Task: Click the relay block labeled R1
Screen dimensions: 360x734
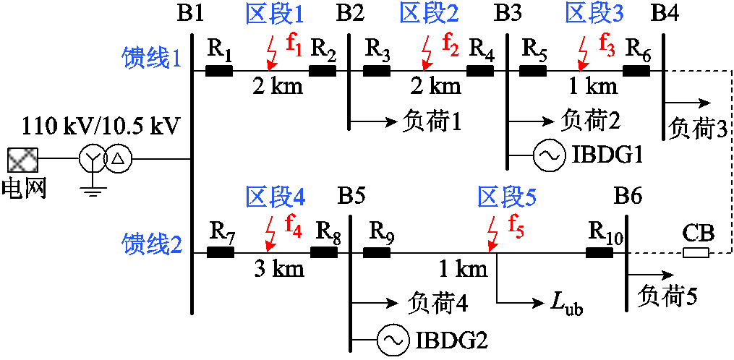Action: point(219,71)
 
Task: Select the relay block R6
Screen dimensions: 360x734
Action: point(636,71)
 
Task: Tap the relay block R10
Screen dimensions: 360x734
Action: point(599,253)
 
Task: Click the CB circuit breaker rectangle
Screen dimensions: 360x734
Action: point(696,253)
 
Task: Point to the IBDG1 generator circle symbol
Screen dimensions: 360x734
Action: point(547,155)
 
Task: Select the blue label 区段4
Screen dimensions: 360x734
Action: point(275,197)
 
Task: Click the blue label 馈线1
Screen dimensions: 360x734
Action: point(151,59)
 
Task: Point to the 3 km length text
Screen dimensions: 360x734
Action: point(278,270)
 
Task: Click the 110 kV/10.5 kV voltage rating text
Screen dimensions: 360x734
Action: point(97,126)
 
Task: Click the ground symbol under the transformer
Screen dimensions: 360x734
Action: point(90,189)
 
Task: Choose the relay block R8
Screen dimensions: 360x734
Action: point(324,253)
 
